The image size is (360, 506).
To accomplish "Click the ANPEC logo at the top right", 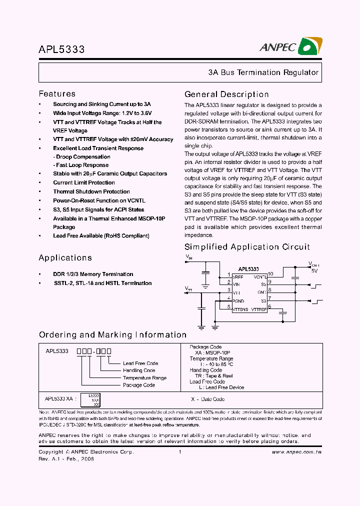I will click(290, 47).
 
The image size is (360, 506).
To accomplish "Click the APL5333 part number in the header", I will click(61, 50).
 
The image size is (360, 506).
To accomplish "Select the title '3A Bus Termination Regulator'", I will click(263, 72).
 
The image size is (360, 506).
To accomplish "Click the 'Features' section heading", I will click(57, 94).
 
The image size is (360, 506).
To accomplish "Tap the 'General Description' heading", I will click(226, 94).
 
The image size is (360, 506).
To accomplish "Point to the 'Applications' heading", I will click(65, 258).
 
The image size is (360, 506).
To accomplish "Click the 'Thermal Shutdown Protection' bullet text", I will click(91, 191).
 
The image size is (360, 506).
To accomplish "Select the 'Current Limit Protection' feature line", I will click(84, 182).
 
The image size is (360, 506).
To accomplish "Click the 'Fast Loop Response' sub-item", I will click(82, 165).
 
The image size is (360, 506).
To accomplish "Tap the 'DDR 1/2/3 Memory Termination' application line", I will click(93, 274).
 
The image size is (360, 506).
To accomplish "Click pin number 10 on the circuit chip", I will click(270, 274).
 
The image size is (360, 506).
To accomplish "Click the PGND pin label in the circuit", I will click(238, 301).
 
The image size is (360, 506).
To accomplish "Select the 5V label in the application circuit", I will click(314, 270).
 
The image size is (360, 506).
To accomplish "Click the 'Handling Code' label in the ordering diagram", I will click(139, 370).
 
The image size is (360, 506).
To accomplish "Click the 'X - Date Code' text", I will click(207, 399).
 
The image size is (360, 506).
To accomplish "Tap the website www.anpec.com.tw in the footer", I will click(296, 452).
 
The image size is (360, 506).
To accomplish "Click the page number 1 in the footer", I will click(179, 452).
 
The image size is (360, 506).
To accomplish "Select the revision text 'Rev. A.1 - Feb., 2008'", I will click(66, 458).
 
